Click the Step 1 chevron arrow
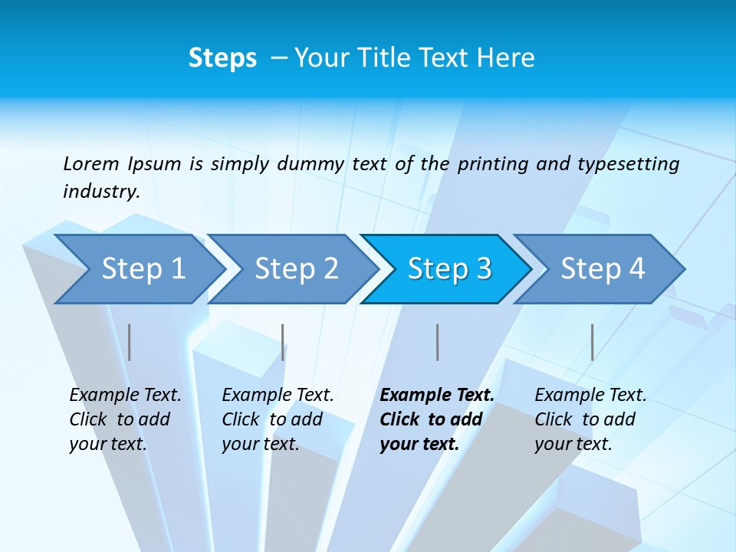143,269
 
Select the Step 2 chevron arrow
296,269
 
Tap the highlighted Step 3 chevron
449,269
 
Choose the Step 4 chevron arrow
603,269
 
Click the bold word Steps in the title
222,58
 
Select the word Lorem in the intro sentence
91,163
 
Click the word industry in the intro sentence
100,192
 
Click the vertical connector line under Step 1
130,342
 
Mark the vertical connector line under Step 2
283,342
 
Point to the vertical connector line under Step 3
437,342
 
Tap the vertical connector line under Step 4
592,342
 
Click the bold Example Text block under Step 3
436,419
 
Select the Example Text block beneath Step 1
125,419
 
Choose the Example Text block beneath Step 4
590,419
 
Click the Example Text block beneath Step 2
278,419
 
